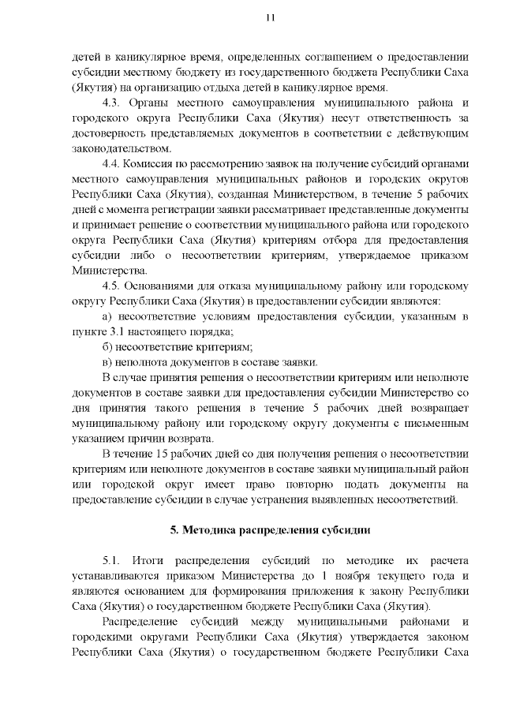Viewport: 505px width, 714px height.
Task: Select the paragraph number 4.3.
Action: [x=111, y=103]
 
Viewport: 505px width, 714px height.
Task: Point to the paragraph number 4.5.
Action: [x=112, y=286]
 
